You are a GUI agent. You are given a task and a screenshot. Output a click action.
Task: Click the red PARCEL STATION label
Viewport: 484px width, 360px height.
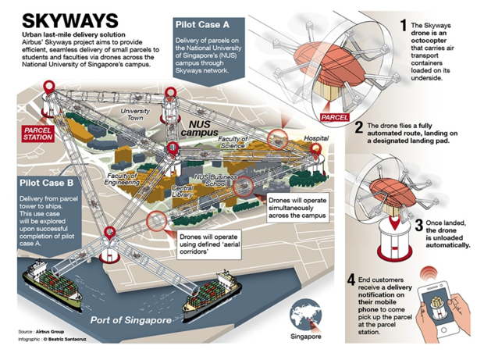[x=38, y=132]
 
